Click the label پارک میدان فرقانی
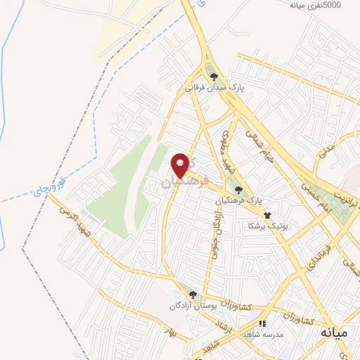coord(214,89)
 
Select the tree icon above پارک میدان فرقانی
coord(214,77)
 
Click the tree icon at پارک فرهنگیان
coord(239,188)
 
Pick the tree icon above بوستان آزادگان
coord(193,295)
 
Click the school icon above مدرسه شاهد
coord(262,324)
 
